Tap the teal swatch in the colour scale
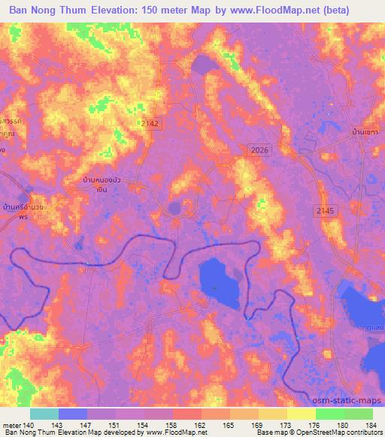(x=44, y=414)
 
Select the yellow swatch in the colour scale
(x=301, y=414)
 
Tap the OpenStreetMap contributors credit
(x=341, y=432)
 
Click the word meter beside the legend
(x=11, y=424)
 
